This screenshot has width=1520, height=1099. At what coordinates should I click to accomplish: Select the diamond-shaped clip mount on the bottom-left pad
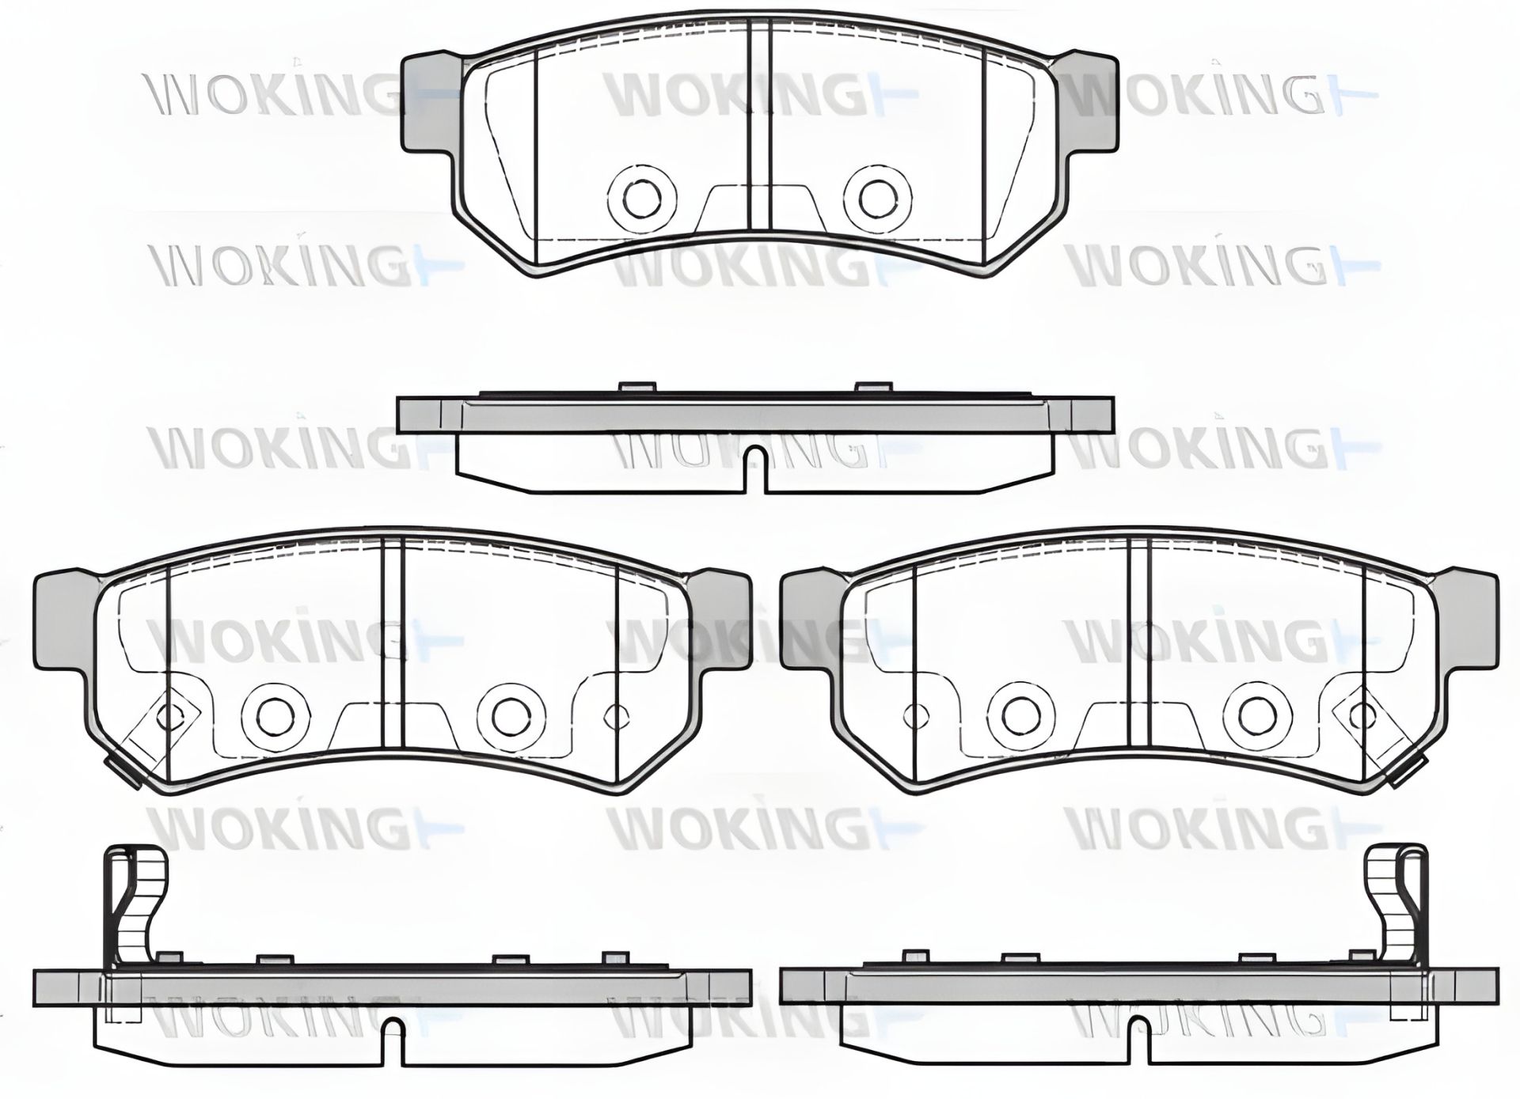pos(168,717)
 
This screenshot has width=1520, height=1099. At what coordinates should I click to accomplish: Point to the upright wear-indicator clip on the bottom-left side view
pos(138,902)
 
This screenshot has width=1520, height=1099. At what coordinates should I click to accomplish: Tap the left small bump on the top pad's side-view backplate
pos(638,388)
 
